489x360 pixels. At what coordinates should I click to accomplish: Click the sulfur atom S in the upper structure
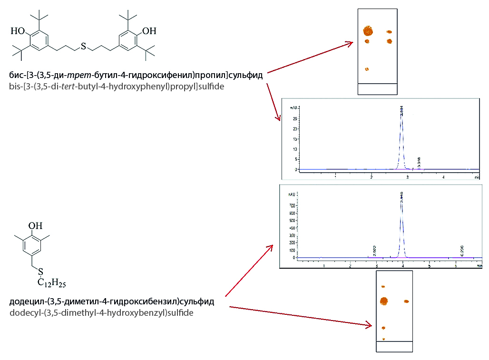tap(84, 46)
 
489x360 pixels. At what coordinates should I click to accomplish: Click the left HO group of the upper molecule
tap(18, 31)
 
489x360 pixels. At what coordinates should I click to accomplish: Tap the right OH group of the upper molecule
tap(149, 31)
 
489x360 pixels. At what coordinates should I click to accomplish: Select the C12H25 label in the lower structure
tap(52, 284)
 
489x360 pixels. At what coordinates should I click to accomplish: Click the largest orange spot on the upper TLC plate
tap(368, 31)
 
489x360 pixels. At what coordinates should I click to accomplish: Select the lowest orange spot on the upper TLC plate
tap(366, 69)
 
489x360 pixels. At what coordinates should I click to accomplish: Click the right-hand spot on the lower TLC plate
tap(407, 302)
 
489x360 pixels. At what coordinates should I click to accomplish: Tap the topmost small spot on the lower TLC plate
tap(383, 287)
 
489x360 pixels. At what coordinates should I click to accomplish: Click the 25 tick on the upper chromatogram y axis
tap(296, 118)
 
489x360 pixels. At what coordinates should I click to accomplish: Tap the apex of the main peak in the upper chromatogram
tap(402, 114)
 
